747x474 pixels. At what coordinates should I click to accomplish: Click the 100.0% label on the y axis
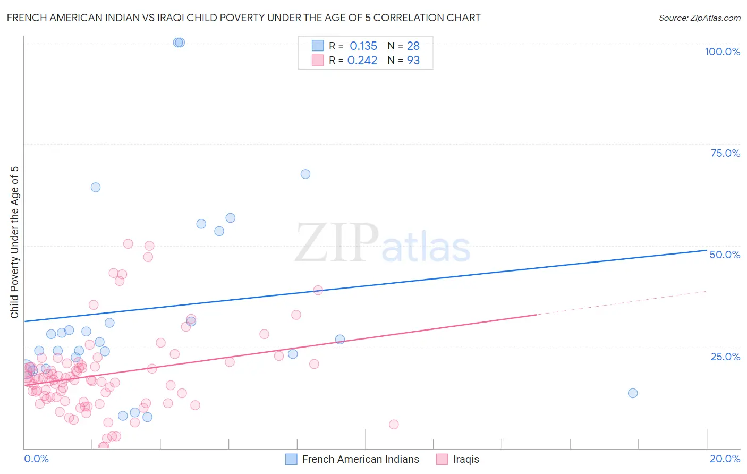722,52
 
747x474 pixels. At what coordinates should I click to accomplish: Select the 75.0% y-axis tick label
725,153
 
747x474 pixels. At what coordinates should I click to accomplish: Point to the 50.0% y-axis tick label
725,255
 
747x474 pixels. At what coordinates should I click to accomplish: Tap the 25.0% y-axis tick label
725,356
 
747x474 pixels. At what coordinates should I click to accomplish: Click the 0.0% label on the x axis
36,459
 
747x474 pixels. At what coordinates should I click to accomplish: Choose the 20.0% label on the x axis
725,459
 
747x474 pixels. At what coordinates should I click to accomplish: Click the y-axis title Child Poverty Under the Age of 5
14,242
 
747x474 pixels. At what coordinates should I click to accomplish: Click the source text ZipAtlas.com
700,18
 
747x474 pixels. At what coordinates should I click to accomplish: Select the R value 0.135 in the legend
363,46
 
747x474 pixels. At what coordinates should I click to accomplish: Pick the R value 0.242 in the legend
362,61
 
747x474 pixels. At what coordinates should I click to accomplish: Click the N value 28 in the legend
413,46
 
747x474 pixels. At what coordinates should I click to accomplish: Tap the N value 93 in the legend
413,61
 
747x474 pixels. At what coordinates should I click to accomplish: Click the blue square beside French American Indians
291,459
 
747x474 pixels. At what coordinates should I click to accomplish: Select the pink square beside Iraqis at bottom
442,459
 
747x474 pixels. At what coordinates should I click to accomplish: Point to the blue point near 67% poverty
305,174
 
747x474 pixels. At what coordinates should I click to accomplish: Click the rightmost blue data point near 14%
633,393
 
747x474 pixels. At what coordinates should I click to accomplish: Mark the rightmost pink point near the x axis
394,424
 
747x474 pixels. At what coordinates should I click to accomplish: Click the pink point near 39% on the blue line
318,290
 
